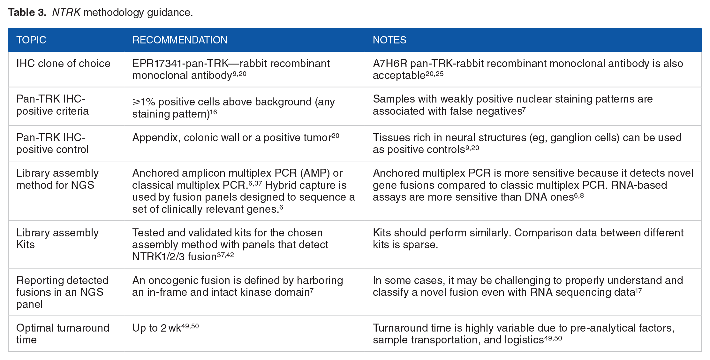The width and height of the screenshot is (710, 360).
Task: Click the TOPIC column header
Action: tap(31, 40)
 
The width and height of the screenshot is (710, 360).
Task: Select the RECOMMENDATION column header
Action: tap(180, 40)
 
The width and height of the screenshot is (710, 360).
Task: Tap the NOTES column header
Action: tap(389, 40)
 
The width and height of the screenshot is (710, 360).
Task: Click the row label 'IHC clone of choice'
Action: tap(63, 63)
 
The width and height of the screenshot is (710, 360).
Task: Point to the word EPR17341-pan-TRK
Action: tap(180, 63)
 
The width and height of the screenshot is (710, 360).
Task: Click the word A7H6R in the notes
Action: tap(390, 63)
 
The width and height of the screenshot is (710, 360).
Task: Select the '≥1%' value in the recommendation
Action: tap(144, 102)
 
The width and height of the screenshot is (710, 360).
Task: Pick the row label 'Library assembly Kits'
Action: tap(57, 239)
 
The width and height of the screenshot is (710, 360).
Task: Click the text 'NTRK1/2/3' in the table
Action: tap(158, 257)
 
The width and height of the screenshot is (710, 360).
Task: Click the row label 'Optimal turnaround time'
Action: tap(63, 334)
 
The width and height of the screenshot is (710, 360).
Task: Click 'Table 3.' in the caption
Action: tap(27, 12)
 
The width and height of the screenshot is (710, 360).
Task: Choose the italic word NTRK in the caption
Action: tap(66, 12)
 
